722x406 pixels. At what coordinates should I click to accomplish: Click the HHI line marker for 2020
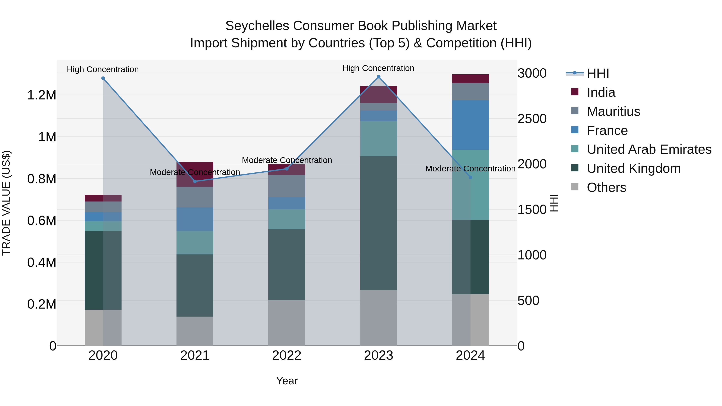pos(103,78)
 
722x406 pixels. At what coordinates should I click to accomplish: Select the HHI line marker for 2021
pos(195,181)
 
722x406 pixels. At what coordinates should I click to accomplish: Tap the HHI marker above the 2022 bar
pos(287,169)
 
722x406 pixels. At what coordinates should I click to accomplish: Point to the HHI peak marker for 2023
pos(379,77)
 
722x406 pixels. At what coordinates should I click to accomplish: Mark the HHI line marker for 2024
pos(471,177)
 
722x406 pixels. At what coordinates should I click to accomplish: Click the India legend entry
pos(601,92)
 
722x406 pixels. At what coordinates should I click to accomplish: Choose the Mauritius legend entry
pos(613,111)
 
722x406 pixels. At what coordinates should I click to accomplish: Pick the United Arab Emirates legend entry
pos(649,149)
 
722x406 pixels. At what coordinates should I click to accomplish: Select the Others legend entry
pos(606,187)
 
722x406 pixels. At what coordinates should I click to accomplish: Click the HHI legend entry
pos(598,73)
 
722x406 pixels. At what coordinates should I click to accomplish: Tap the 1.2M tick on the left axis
pos(42,95)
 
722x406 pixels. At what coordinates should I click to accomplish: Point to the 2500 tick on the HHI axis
pos(532,119)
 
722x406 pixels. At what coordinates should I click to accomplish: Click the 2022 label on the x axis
pos(287,355)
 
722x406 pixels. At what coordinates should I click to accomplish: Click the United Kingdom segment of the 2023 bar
pos(379,223)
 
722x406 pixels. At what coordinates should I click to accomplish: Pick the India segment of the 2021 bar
pos(195,174)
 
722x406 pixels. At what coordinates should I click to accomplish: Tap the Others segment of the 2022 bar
pos(287,323)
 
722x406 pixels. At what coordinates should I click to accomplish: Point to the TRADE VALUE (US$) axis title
pos(6,203)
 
